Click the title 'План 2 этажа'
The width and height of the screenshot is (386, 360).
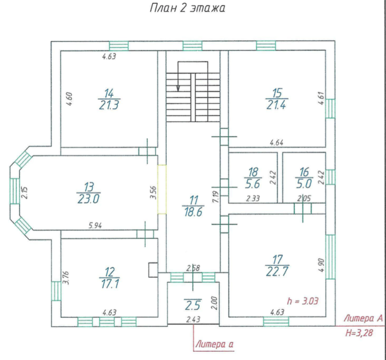(187, 8)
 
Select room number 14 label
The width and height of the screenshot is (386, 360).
(109, 93)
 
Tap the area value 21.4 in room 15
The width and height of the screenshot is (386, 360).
(276, 105)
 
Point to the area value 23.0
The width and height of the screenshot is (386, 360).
(88, 199)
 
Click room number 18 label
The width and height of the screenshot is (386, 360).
(253, 172)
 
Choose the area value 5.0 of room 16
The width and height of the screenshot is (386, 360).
(304, 184)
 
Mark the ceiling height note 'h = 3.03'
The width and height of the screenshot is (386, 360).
(302, 301)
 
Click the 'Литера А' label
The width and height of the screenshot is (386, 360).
(363, 318)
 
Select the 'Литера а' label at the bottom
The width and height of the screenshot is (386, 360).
(214, 344)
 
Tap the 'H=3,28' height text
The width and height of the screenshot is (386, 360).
(359, 333)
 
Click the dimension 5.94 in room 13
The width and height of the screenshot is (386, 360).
(95, 226)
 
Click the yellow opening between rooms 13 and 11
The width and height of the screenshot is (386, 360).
(162, 189)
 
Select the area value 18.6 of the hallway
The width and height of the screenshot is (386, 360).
(193, 212)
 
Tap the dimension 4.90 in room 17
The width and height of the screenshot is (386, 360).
(322, 265)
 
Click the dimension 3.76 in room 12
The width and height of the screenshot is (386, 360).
(66, 278)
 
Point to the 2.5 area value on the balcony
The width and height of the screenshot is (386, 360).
(193, 306)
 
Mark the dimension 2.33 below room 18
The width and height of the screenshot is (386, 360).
(253, 198)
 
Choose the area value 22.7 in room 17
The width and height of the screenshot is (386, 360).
(277, 272)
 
